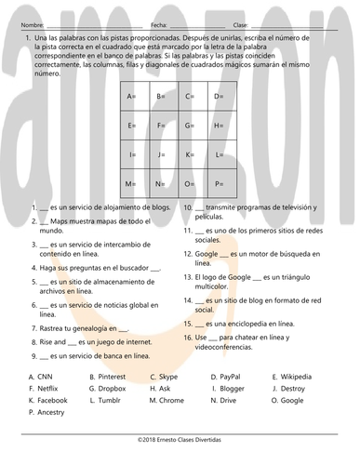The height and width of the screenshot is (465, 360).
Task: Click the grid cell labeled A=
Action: tap(134, 97)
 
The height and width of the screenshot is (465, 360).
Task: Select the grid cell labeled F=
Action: tap(163, 126)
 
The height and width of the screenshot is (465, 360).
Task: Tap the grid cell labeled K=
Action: tap(192, 154)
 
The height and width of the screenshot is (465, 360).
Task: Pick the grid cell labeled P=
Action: tap(220, 183)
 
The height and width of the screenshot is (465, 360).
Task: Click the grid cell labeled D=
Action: tap(220, 97)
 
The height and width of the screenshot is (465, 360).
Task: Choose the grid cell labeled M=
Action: tap(134, 183)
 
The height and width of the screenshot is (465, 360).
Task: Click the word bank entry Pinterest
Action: tap(111, 377)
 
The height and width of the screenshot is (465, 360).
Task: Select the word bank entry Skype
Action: tap(168, 377)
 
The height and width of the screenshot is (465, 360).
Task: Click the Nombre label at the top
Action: tap(31, 24)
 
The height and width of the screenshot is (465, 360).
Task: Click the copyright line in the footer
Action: tap(180, 435)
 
